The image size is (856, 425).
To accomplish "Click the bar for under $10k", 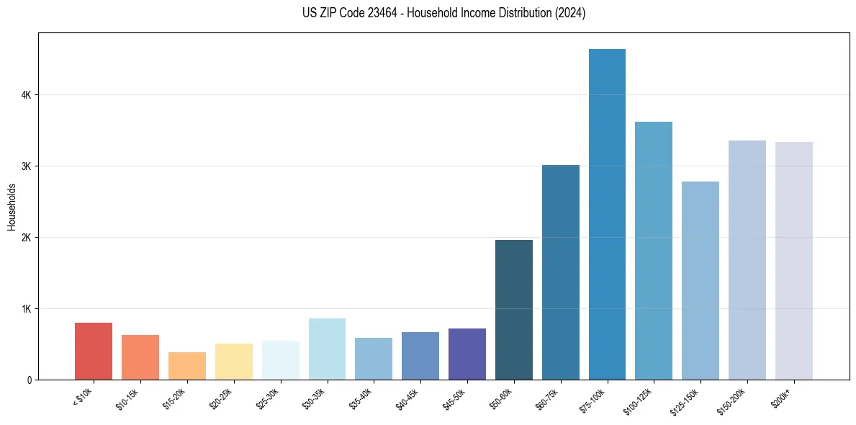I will click(94, 351).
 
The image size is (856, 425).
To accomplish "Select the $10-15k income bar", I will click(140, 357).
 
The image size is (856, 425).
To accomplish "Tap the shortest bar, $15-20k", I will click(187, 366).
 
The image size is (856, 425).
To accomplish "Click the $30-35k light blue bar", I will click(327, 349).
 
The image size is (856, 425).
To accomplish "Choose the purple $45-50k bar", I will click(467, 354).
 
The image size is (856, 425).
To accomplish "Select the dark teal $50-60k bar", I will click(514, 310).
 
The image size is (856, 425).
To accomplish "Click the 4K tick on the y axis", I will click(26, 95).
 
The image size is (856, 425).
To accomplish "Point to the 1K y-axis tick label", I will click(26, 309).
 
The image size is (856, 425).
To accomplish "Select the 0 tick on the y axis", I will click(29, 380).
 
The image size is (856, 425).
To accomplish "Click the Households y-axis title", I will click(12, 207).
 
